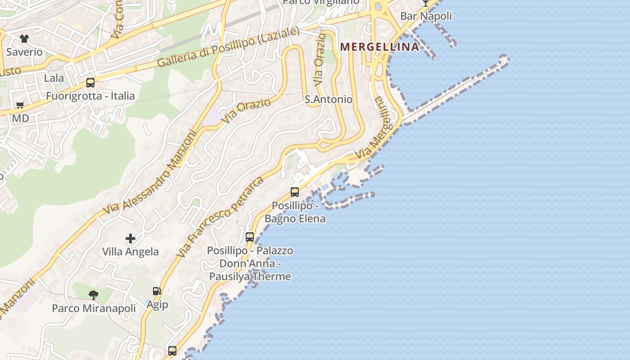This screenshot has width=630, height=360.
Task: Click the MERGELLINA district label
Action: [x=379, y=46]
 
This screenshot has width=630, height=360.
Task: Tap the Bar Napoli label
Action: [x=426, y=16]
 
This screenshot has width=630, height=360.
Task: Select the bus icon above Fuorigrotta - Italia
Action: [x=90, y=83]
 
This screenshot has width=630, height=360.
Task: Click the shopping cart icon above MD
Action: [x=20, y=105]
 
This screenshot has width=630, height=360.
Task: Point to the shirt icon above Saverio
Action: [x=24, y=39]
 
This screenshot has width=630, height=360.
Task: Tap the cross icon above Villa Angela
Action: [x=130, y=238]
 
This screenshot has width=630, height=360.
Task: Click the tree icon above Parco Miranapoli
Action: [x=94, y=295]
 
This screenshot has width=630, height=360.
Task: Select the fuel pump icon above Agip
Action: [x=157, y=291]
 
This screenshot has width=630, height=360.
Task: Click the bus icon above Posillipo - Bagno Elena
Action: [x=295, y=192]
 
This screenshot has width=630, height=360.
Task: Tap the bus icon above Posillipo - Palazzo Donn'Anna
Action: [x=250, y=237]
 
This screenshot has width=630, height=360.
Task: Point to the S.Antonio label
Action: [x=328, y=99]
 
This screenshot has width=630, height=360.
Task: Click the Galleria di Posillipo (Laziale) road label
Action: [x=228, y=48]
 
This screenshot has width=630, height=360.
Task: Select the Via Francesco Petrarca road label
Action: [x=220, y=217]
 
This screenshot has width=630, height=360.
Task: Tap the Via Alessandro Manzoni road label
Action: [x=150, y=173]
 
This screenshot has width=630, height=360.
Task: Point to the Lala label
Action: [x=54, y=78]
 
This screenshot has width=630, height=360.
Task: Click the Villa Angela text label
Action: [x=130, y=252]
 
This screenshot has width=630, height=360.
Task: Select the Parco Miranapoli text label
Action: [x=94, y=308]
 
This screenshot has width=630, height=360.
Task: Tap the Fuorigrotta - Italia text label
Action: [x=90, y=96]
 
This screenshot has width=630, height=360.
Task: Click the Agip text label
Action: [x=157, y=305]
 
